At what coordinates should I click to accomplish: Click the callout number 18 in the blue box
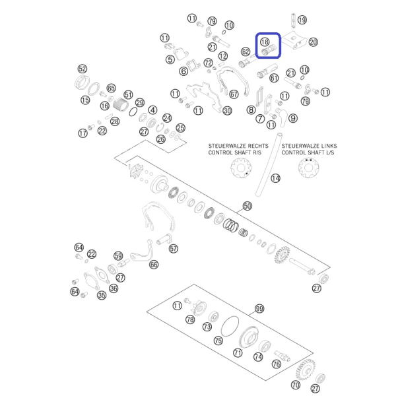point(265,42)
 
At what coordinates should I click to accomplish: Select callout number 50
point(248,206)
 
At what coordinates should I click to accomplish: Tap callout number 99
point(259,309)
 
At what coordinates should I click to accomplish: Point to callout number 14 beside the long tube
point(275,178)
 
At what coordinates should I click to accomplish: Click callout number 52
point(82,69)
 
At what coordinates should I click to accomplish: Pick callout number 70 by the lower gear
point(296,385)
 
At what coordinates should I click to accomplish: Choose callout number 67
point(234,94)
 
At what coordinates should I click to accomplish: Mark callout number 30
point(227,111)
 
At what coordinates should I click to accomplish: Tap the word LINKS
point(327,146)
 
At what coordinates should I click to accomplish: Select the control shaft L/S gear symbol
point(308,168)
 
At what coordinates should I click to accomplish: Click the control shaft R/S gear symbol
point(241,168)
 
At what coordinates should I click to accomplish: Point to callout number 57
point(174,248)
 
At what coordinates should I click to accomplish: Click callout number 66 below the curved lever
point(154,265)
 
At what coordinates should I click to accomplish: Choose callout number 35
point(102,295)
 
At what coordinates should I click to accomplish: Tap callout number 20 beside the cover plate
point(314,42)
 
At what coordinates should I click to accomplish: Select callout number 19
point(302,20)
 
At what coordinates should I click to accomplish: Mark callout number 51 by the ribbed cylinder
point(128,95)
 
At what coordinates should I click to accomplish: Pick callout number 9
point(293,118)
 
